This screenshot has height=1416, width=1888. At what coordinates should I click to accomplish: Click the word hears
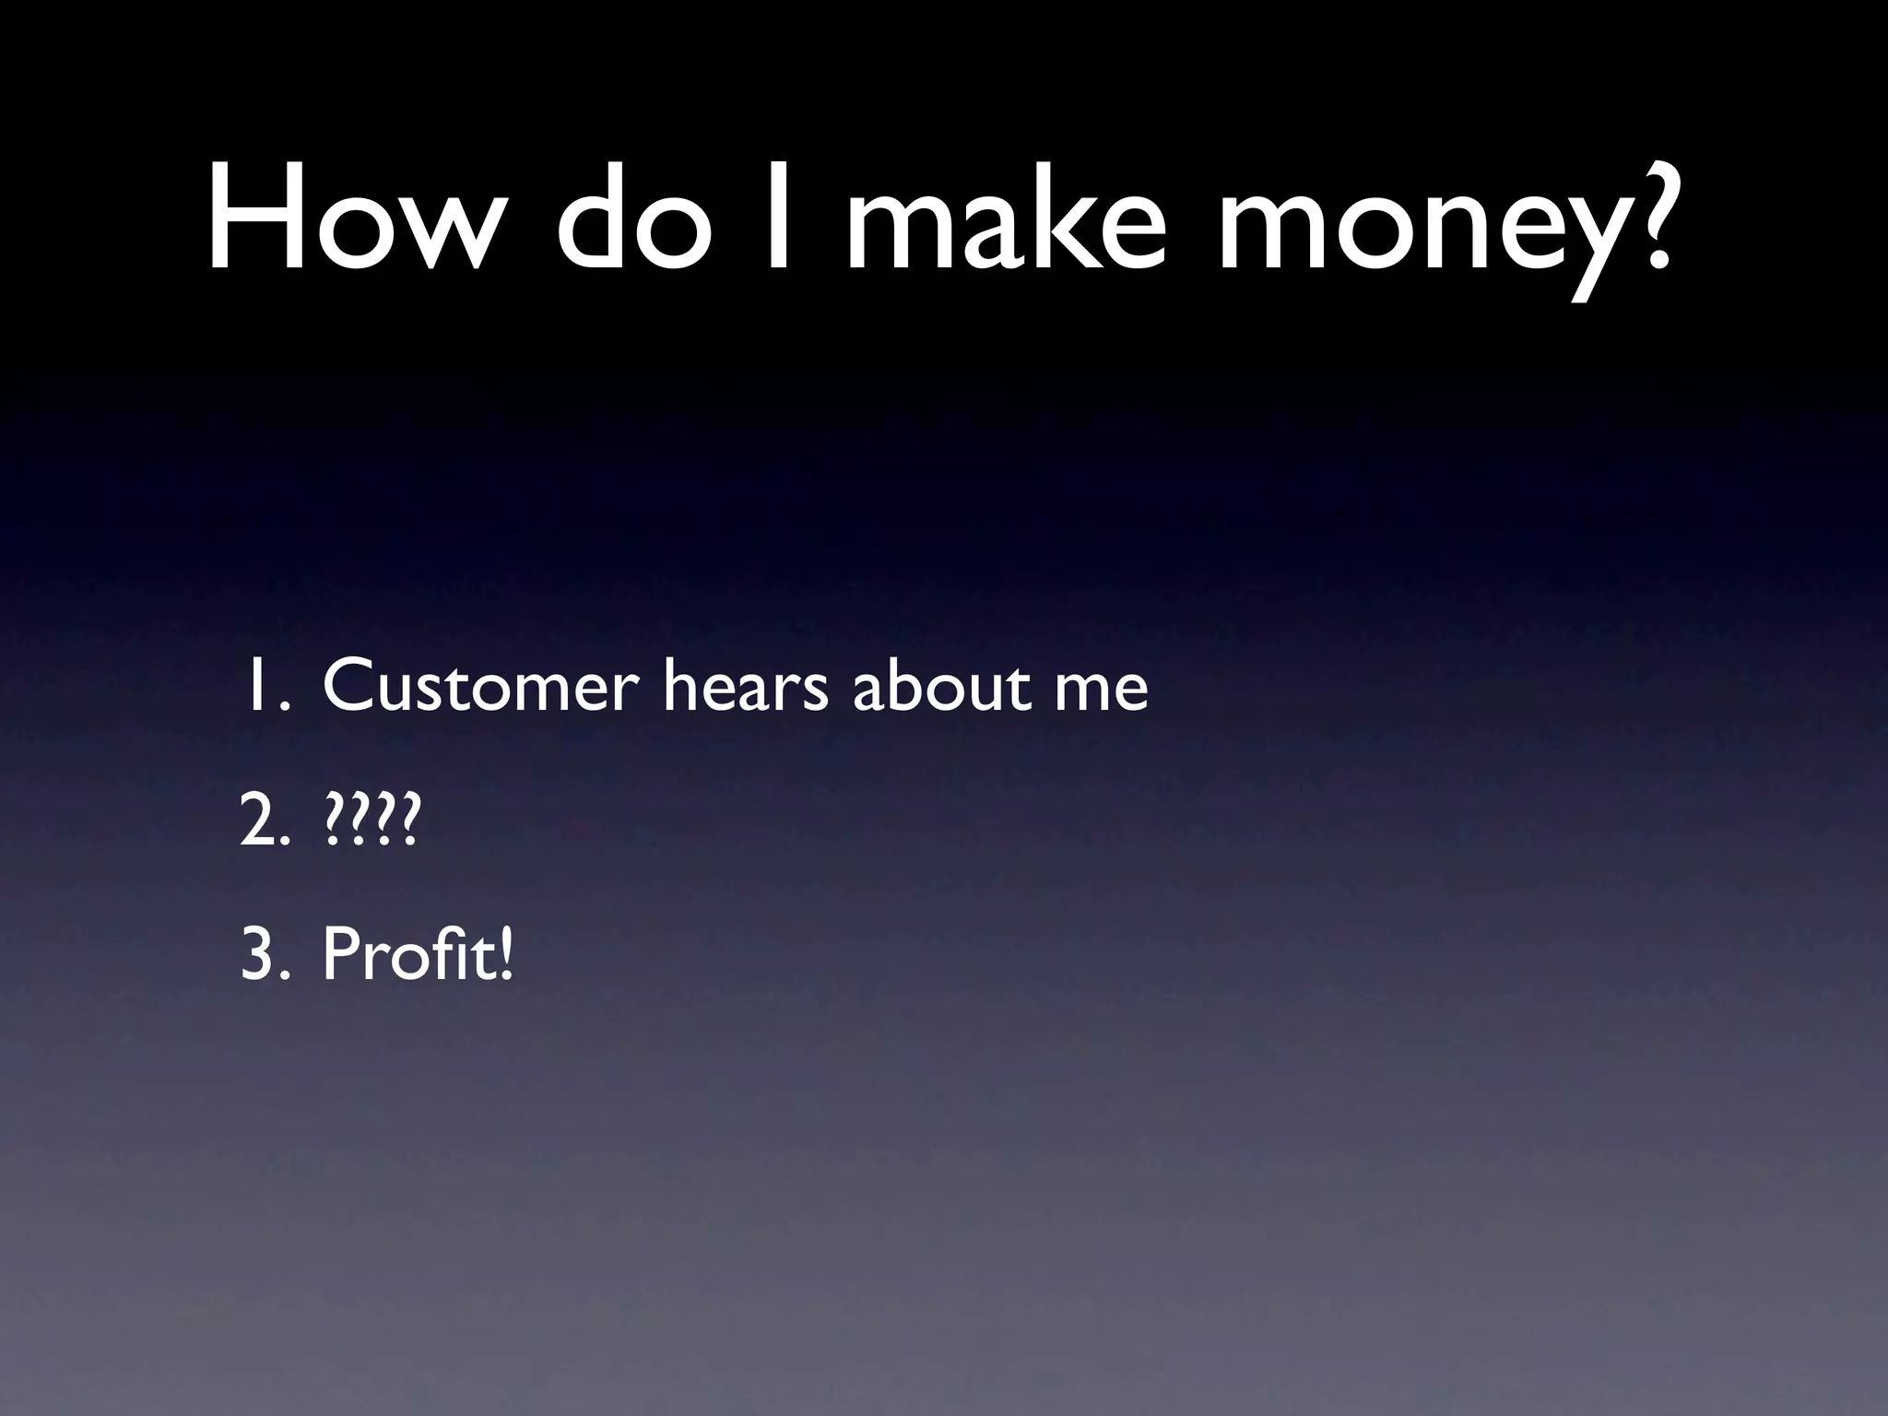(x=746, y=686)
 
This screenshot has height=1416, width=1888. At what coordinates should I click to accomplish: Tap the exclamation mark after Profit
(x=503, y=955)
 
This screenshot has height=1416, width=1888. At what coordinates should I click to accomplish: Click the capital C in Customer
(x=348, y=686)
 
